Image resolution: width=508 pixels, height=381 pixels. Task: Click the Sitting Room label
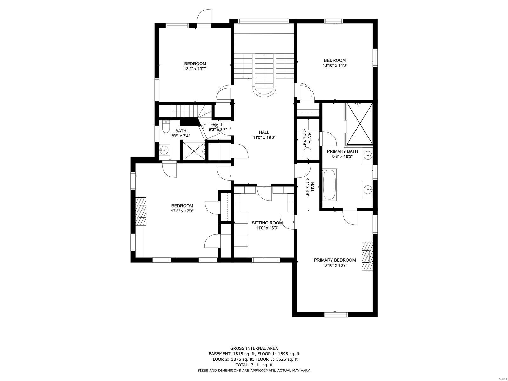click(267, 223)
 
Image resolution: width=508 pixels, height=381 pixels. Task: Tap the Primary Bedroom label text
click(335, 260)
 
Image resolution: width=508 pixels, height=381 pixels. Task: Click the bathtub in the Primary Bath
click(330, 185)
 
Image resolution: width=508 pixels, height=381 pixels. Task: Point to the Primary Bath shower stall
click(359, 124)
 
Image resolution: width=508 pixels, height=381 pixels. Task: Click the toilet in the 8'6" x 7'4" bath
click(165, 128)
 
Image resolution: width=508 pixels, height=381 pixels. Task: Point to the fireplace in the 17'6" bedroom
click(141, 211)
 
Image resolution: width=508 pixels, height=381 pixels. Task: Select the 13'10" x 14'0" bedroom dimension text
click(335, 66)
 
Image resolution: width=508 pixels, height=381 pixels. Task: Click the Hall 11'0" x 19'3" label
click(264, 135)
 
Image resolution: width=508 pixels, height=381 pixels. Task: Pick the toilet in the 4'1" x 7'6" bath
click(307, 155)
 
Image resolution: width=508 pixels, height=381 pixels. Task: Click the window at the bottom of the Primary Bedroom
click(336, 314)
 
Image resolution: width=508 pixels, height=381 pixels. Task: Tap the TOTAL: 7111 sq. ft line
click(254, 365)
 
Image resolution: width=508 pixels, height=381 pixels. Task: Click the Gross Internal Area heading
click(254, 348)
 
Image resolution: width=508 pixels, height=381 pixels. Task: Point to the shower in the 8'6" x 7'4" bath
click(193, 151)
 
